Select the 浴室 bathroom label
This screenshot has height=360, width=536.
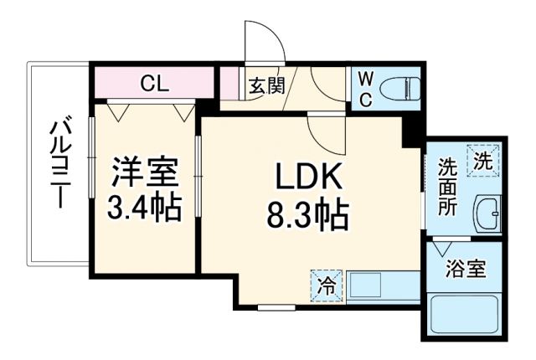(466, 270)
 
